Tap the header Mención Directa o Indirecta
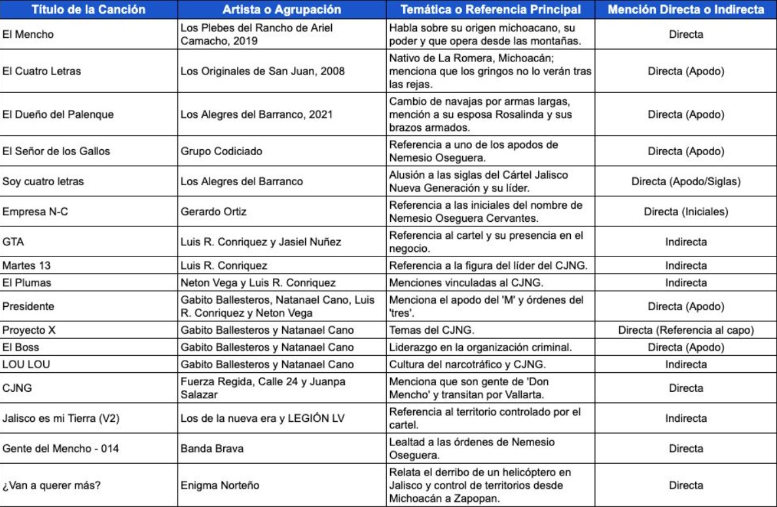pos(685,10)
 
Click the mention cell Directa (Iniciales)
pos(685,212)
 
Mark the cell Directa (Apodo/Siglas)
pos(685,182)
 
